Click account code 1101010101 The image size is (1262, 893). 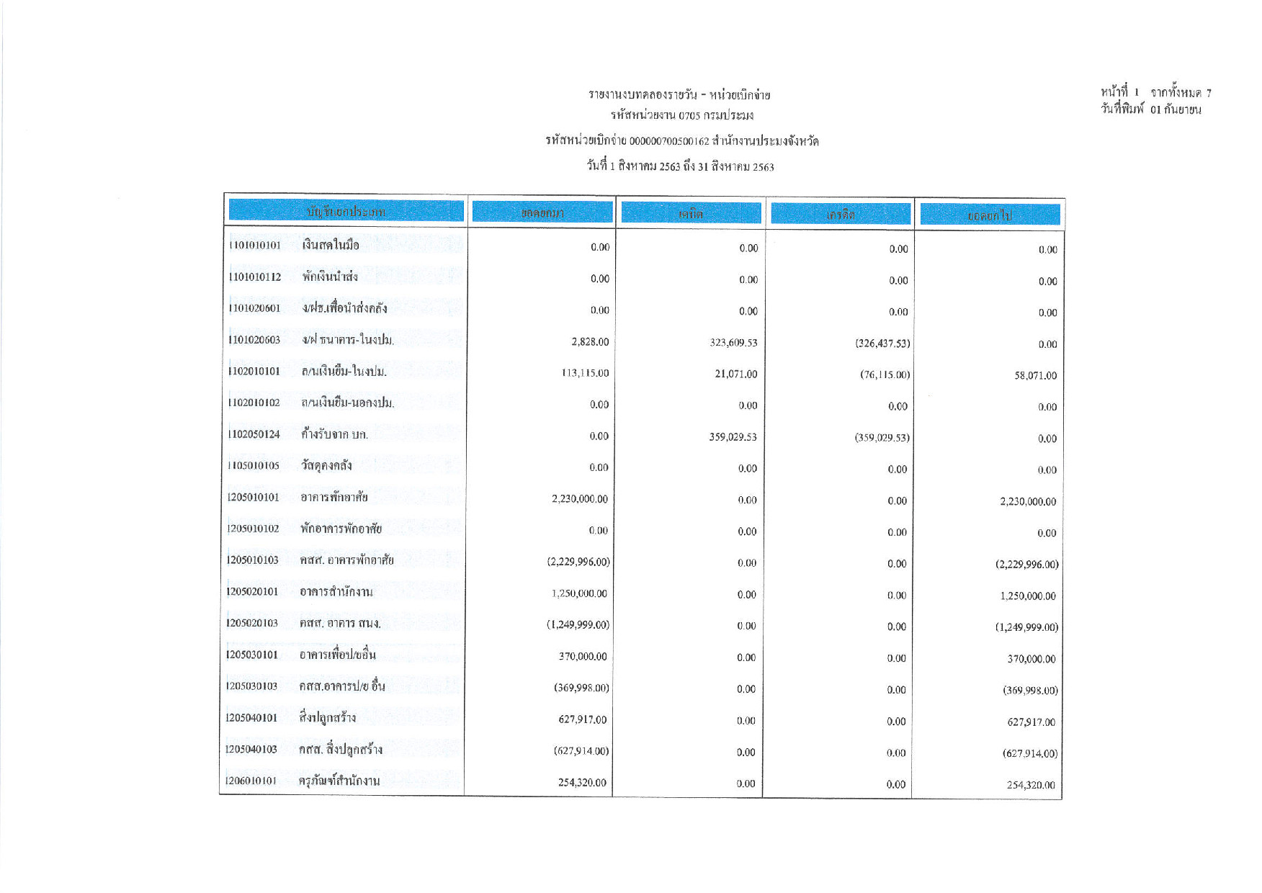pyautogui.click(x=254, y=246)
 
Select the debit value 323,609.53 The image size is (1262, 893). pyautogui.click(x=733, y=343)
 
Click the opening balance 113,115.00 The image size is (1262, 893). pyautogui.click(x=584, y=373)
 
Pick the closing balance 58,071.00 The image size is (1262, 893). pyautogui.click(x=1035, y=376)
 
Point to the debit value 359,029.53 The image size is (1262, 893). pyautogui.click(x=733, y=437)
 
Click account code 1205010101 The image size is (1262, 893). pyautogui.click(x=253, y=498)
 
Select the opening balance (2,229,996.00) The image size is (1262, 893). pyautogui.click(x=578, y=562)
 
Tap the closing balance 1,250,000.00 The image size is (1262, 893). pyautogui.click(x=1027, y=596)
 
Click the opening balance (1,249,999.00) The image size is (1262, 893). pyautogui.click(x=578, y=625)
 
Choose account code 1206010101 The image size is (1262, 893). pyautogui.click(x=251, y=781)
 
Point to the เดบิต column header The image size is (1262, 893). pyautogui.click(x=690, y=214)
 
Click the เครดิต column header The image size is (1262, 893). pyautogui.click(x=840, y=215)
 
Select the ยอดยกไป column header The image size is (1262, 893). pyautogui.click(x=990, y=215)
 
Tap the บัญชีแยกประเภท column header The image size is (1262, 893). pyautogui.click(x=346, y=212)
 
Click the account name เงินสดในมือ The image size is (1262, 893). pyautogui.click(x=331, y=246)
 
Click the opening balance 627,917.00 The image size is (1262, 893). pyautogui.click(x=582, y=719)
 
